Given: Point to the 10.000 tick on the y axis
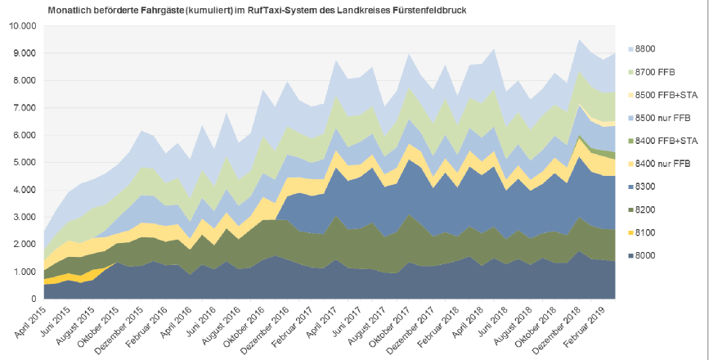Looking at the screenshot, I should click(22, 25).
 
